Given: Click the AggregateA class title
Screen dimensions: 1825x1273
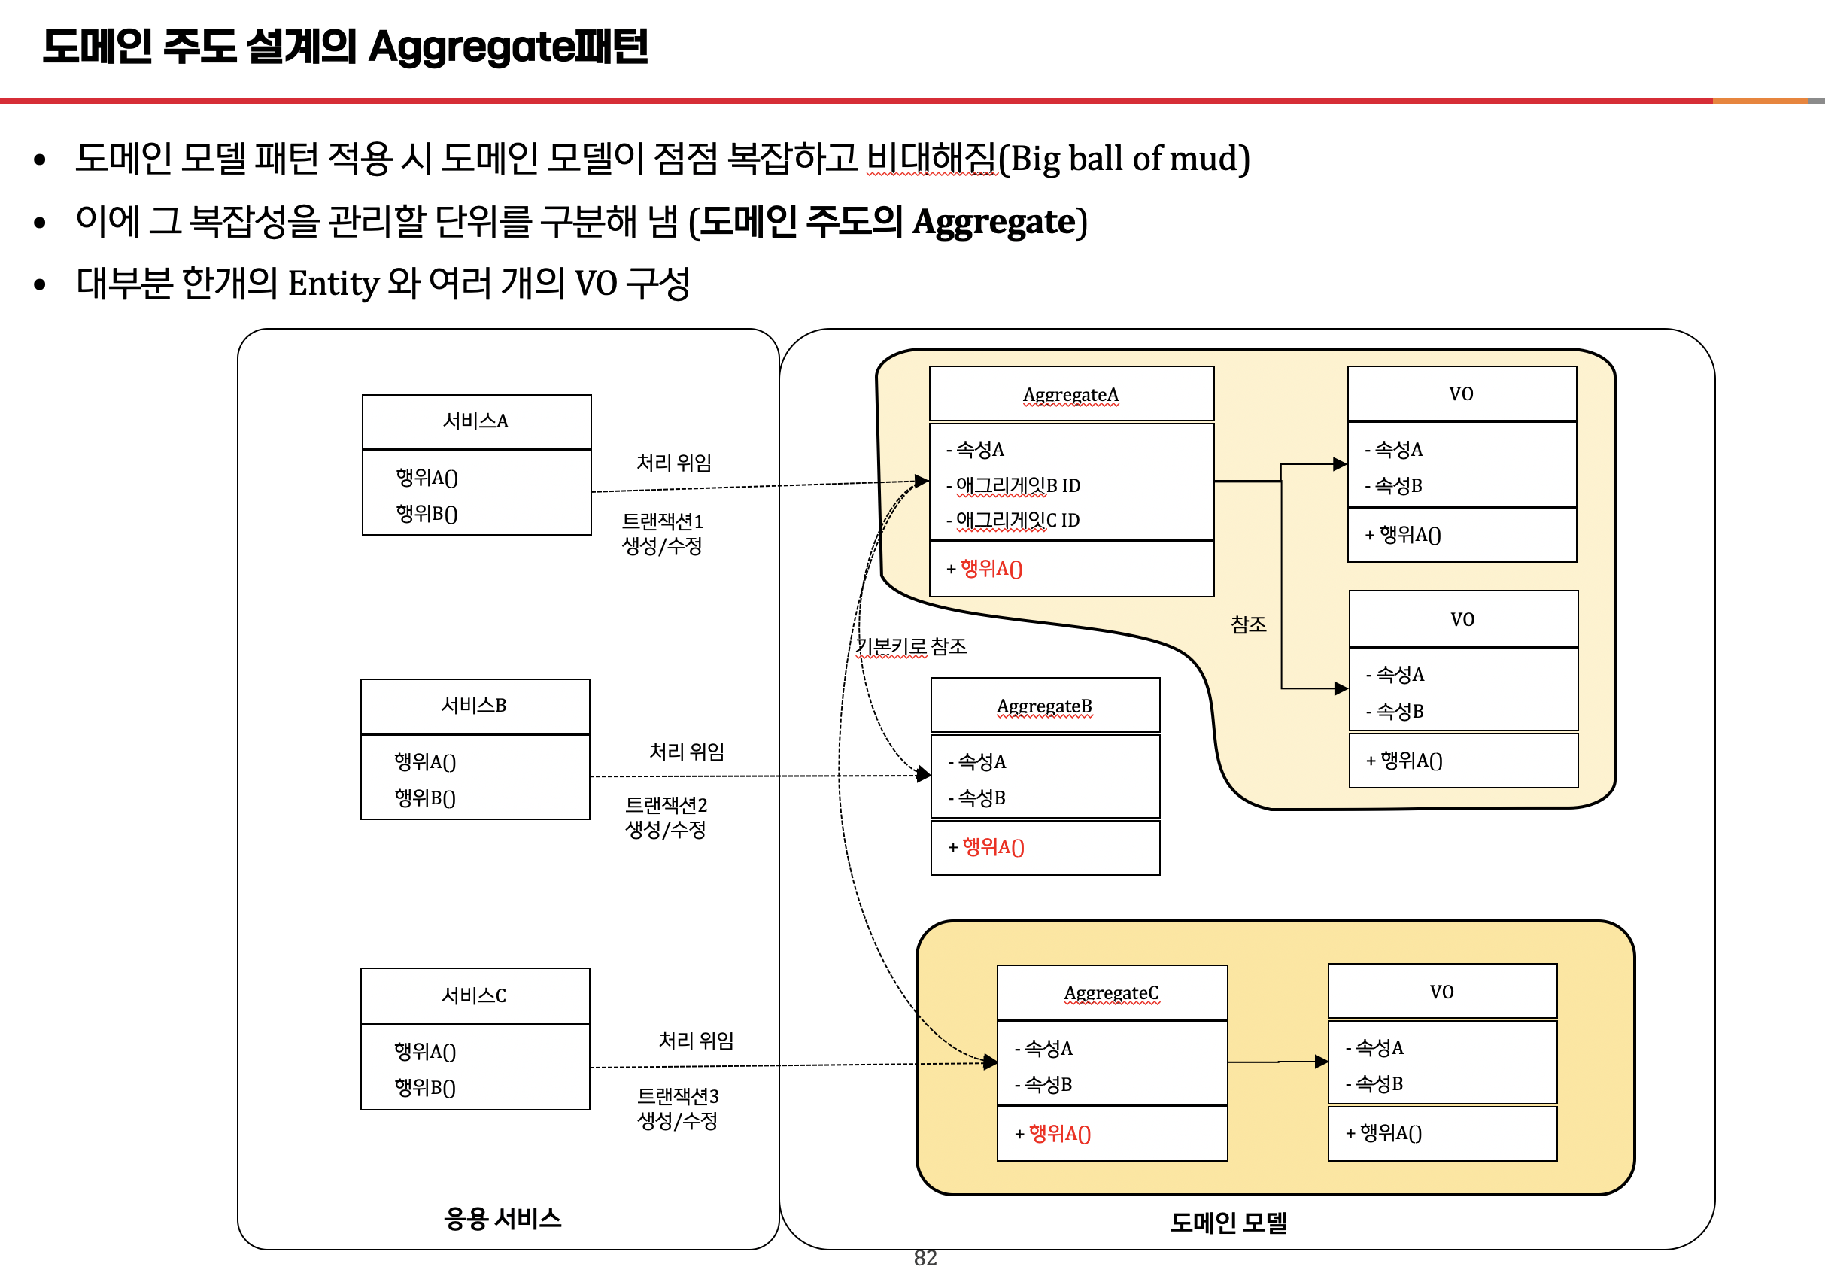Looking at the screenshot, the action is pos(1070,395).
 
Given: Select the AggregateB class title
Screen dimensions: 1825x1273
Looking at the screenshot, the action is pos(1043,707).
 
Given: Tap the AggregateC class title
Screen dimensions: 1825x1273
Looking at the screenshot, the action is pos(1110,993).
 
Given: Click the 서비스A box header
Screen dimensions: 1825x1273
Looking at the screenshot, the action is pos(475,421).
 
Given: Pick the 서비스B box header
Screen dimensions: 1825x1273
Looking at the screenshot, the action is pos(474,705).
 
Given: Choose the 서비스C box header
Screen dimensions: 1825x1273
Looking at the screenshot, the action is pos(474,995).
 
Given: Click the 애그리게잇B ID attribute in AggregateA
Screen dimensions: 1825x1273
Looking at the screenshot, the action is pos(1017,485).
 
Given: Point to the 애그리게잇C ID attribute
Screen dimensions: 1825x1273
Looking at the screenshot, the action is pos(1017,520).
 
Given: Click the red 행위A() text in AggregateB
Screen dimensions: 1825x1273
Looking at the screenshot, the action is pos(993,847).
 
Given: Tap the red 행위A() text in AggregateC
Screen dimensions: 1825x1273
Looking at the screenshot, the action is pos(1059,1133).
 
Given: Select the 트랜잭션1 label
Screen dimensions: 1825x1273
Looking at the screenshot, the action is pos(662,521).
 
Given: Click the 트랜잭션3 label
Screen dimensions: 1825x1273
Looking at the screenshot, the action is pos(678,1096).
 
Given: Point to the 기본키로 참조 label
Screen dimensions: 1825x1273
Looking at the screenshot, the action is pos(911,646).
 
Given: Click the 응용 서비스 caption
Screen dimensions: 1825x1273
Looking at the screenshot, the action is pos(503,1219).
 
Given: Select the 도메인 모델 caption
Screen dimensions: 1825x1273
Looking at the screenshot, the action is pos(1228,1223).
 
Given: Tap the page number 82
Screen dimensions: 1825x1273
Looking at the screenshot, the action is pos(925,1258).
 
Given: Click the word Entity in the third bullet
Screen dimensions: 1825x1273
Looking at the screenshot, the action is pos(333,284).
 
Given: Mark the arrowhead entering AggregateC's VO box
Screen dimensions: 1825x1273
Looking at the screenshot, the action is pos(1322,1062).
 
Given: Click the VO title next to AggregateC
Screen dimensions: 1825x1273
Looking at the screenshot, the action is pos(1441,992).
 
